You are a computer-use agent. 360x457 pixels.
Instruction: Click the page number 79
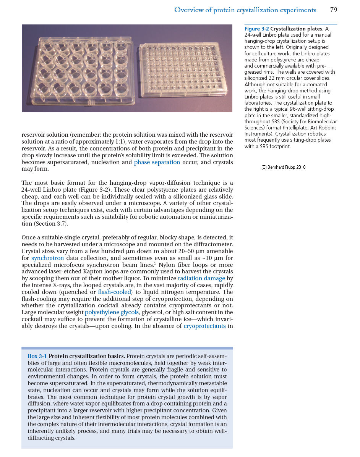click(x=333, y=10)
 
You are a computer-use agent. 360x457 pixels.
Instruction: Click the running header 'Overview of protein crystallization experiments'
click(x=245, y=10)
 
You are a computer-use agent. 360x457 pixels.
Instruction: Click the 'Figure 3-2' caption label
click(x=257, y=29)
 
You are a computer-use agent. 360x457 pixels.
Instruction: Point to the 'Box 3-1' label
click(x=37, y=356)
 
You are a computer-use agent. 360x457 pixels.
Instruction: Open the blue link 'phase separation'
click(x=157, y=162)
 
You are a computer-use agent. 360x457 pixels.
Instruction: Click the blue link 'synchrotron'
click(x=47, y=258)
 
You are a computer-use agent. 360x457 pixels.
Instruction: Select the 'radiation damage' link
click(x=201, y=278)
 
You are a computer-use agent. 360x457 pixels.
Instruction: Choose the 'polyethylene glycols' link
click(x=112, y=313)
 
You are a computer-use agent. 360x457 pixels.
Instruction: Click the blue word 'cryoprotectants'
click(x=204, y=326)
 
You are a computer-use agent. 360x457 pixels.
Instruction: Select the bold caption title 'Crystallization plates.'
click(x=297, y=29)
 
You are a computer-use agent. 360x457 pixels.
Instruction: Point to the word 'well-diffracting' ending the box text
click(x=210, y=431)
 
